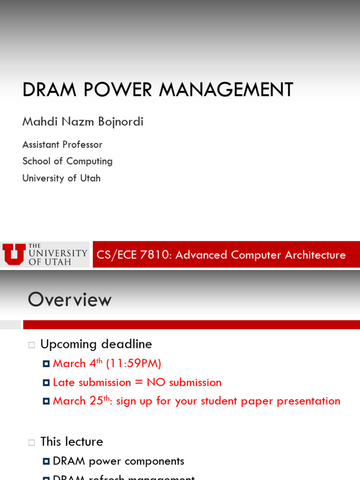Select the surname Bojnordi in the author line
(x=120, y=122)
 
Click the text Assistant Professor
(x=62, y=144)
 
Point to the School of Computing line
(x=67, y=161)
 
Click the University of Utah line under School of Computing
(x=61, y=178)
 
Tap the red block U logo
(x=14, y=255)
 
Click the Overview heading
(x=70, y=300)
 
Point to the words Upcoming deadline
(x=96, y=344)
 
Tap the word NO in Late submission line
(x=156, y=382)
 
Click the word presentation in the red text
(x=308, y=401)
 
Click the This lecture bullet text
(x=72, y=442)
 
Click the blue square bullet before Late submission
(x=46, y=383)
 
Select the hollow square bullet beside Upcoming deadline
(x=31, y=345)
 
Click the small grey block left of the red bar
(x=10, y=325)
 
